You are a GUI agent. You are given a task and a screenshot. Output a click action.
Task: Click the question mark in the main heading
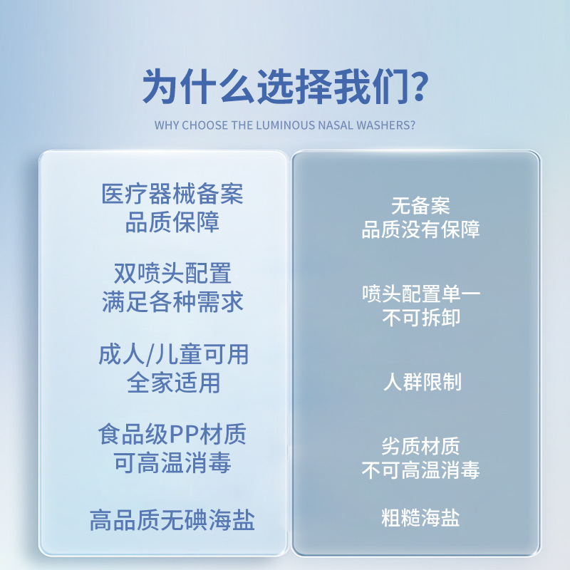pyautogui.click(x=419, y=86)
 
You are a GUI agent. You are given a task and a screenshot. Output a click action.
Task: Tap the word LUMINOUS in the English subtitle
pyautogui.click(x=286, y=125)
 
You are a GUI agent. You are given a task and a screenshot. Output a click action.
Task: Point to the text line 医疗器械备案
pyautogui.click(x=172, y=194)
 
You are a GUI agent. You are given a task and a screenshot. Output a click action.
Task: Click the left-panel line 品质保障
pyautogui.click(x=172, y=222)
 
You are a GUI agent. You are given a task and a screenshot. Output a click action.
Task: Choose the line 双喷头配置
pyautogui.click(x=172, y=274)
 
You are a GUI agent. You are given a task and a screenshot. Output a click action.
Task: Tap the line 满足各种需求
pyautogui.click(x=172, y=301)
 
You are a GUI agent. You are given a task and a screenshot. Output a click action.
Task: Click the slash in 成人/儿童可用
pyautogui.click(x=150, y=355)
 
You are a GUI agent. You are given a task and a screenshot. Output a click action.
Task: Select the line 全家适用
pyautogui.click(x=173, y=383)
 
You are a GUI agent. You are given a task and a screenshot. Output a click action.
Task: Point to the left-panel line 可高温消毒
pyautogui.click(x=172, y=462)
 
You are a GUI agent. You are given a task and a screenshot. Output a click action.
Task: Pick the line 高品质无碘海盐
pyautogui.click(x=172, y=520)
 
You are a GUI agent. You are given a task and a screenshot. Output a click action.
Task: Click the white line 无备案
pyautogui.click(x=420, y=206)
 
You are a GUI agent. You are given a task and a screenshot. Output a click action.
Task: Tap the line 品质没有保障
pyautogui.click(x=420, y=229)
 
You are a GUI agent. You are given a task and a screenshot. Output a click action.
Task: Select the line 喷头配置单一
pyautogui.click(x=421, y=294)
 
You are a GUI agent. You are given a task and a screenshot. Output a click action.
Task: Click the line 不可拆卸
pyautogui.click(x=421, y=318)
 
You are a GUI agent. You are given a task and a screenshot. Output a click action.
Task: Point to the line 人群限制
pyautogui.click(x=423, y=382)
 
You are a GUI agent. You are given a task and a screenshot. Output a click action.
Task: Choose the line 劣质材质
pyautogui.click(x=420, y=447)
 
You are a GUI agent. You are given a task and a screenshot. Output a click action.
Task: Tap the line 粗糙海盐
pyautogui.click(x=420, y=518)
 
